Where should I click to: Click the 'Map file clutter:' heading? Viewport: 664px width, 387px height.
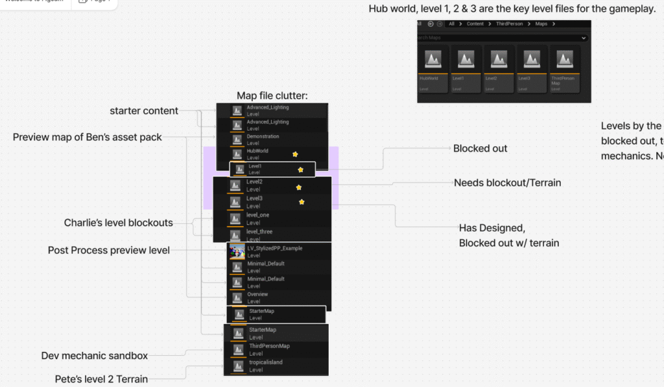(x=272, y=96)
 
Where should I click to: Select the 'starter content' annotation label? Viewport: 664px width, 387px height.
(x=144, y=111)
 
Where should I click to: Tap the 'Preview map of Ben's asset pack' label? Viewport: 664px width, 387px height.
(x=88, y=137)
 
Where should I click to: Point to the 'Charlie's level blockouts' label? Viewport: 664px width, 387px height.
(x=119, y=223)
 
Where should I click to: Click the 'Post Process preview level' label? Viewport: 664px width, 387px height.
(x=109, y=250)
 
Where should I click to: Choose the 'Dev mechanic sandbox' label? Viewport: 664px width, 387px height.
(x=95, y=356)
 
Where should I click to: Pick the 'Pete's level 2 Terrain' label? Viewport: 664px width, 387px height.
(x=101, y=379)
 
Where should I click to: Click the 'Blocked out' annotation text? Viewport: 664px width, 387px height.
(x=480, y=149)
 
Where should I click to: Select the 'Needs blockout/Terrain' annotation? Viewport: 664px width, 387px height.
(x=507, y=183)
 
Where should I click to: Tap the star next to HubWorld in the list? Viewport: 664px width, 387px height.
(x=295, y=154)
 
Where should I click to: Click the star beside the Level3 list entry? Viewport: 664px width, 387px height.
(x=302, y=202)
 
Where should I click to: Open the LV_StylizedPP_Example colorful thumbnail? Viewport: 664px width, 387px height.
(x=237, y=251)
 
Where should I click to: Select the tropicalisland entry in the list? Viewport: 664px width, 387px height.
(x=266, y=366)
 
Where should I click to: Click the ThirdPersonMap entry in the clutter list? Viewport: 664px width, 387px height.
(x=269, y=349)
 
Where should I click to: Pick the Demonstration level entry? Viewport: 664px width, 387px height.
(x=263, y=140)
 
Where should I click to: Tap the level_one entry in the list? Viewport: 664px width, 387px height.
(x=257, y=218)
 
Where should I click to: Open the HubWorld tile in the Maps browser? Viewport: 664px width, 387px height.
(x=433, y=68)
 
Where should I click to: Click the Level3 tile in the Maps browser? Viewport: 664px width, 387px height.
(x=532, y=68)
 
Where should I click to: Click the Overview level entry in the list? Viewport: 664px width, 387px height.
(x=257, y=297)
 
